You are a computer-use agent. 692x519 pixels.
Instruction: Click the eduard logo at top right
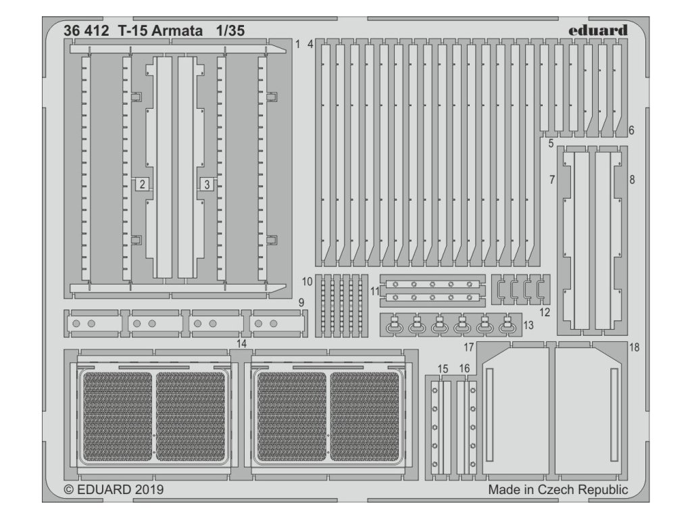tap(597, 30)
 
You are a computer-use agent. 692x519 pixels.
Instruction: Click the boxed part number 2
tap(143, 183)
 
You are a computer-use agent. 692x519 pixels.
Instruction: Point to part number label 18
tap(634, 347)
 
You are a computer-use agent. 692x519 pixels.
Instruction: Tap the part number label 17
tap(468, 347)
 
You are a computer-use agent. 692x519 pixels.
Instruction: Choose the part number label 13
tap(528, 326)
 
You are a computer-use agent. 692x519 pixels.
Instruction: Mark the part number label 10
tap(307, 280)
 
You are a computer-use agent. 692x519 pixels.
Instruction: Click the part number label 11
tap(374, 291)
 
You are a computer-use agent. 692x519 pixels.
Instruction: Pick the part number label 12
tap(545, 312)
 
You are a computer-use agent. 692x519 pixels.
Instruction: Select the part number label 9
tap(301, 302)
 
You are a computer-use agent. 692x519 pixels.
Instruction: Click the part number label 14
tap(241, 344)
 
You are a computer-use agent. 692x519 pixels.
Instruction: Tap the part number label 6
tap(631, 130)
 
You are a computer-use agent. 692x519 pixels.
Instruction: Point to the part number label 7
tap(552, 180)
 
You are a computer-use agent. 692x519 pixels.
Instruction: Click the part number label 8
tap(632, 180)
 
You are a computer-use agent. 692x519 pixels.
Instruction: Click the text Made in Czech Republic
tap(558, 490)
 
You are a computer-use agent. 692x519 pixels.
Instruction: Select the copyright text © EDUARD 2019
tap(114, 489)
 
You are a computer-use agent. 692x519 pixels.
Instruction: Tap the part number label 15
tap(443, 368)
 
